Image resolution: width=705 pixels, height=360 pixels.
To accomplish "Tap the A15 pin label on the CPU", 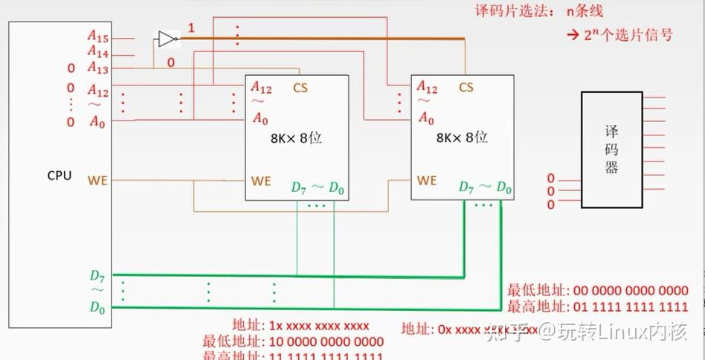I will click(x=97, y=35).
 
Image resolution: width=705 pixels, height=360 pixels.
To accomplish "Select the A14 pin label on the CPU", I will click(x=97, y=52).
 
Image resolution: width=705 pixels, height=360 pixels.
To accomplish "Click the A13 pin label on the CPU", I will click(x=97, y=68).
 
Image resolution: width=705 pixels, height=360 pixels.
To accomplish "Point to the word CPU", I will click(x=59, y=176).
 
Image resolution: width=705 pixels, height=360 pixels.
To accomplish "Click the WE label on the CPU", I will click(x=97, y=180).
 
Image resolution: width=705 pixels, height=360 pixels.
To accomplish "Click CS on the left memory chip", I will click(x=300, y=88).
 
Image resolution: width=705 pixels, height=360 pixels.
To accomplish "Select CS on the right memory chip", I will click(x=466, y=88).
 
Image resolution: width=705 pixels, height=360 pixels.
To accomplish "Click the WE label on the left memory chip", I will click(x=261, y=180).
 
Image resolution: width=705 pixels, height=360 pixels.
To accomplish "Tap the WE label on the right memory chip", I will click(x=427, y=180).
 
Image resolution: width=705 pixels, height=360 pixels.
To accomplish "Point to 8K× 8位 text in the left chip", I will click(x=295, y=138).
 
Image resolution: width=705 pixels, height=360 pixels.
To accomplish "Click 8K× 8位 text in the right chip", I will click(x=461, y=138).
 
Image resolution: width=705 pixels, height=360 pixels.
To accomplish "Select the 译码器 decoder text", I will click(x=611, y=150).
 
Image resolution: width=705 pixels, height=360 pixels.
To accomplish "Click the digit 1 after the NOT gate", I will click(x=191, y=28).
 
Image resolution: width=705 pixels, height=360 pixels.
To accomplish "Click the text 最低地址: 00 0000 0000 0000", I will click(x=597, y=291).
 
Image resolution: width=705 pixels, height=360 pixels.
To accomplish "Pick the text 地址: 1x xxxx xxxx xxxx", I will click(x=300, y=326).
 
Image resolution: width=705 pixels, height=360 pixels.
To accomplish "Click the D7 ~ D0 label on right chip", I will click(x=485, y=187).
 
